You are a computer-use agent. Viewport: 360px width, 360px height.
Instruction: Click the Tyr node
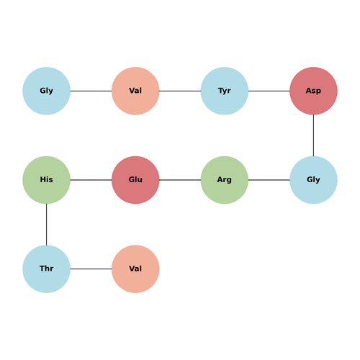225,91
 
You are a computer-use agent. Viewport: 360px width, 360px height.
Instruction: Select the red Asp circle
313,91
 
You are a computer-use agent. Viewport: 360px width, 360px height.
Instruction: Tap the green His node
46,180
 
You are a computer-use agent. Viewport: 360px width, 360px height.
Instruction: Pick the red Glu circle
135,180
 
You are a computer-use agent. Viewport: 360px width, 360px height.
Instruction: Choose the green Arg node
225,180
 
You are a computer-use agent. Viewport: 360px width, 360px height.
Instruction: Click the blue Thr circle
46,269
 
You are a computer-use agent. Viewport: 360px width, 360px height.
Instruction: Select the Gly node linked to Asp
313,180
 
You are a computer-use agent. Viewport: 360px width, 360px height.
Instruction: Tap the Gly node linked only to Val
46,91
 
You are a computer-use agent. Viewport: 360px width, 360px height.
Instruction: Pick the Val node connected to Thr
135,269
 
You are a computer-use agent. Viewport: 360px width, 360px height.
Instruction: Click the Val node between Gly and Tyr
135,91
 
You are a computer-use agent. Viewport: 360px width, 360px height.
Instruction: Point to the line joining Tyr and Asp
269,91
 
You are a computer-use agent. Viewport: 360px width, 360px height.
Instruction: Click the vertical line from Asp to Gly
313,135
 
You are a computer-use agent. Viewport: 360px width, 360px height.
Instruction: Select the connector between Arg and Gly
269,180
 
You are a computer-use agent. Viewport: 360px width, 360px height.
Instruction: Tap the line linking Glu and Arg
180,180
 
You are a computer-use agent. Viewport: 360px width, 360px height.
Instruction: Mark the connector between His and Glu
91,180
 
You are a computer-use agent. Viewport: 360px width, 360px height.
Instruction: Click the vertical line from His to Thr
46,225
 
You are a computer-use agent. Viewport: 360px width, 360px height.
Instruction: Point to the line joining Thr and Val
91,269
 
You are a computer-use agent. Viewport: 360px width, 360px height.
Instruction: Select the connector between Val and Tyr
180,91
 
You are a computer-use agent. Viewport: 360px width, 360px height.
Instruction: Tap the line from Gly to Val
91,91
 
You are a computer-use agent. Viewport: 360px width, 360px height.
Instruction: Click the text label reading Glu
135,179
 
